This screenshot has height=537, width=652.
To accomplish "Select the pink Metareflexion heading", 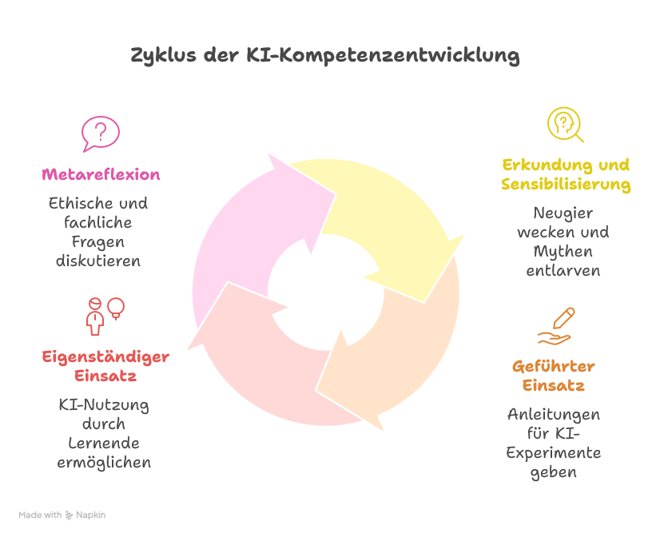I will (101, 174).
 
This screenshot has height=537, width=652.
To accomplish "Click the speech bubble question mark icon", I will (101, 133).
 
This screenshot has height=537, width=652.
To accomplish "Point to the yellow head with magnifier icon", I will (565, 125).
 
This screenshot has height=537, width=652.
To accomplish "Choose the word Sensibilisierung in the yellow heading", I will (566, 185).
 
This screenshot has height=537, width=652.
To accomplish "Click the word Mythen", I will (563, 252).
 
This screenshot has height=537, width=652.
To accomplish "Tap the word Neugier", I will (563, 213).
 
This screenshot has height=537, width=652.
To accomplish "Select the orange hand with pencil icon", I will (556, 326).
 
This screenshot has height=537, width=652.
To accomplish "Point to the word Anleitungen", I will (553, 415).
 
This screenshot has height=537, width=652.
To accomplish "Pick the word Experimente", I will (553, 453).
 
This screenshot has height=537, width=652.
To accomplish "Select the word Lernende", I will (104, 444).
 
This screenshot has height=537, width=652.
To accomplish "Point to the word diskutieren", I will (98, 261).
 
